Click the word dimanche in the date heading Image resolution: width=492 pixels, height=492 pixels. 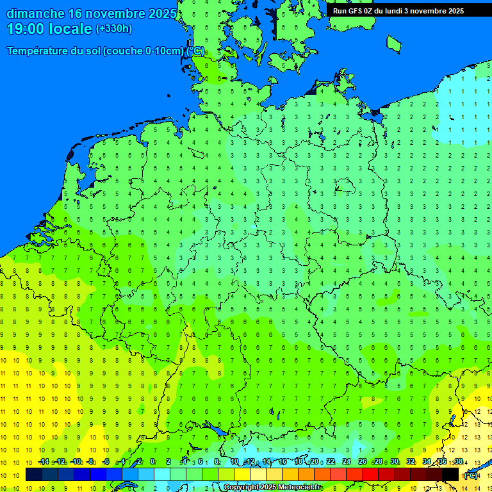pos(35,13)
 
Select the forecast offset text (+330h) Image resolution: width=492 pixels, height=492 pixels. pos(113,29)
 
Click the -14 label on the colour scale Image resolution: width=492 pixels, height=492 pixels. pos(44,461)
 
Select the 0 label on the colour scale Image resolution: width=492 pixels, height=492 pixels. pos(152,461)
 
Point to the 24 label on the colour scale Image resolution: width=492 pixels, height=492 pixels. pos(347,461)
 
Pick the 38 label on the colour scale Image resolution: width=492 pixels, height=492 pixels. pos(458,461)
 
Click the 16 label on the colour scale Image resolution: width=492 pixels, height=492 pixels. pos(282,461)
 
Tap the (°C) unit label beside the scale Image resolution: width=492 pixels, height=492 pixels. pos(471,475)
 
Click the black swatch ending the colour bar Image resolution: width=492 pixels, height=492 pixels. pos(451,475)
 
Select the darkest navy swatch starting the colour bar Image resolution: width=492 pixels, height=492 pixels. pos(34,475)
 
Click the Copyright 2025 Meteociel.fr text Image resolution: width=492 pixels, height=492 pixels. pos(273,488)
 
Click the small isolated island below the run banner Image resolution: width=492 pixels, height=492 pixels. pos(393,43)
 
